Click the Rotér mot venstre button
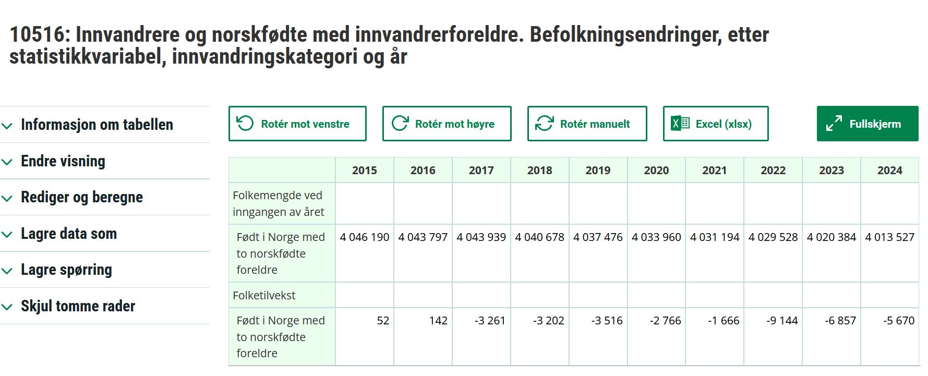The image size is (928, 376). [x=297, y=124]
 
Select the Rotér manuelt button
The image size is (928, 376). [x=587, y=124]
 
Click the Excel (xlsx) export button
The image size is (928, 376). [x=716, y=124]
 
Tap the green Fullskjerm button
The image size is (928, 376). [x=867, y=124]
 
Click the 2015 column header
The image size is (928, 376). [x=365, y=170]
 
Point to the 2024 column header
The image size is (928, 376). [x=890, y=170]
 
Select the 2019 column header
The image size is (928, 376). [x=598, y=170]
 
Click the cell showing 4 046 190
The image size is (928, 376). [x=365, y=237]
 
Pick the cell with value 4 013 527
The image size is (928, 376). [x=890, y=237]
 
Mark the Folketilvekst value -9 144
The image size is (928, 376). [x=782, y=321]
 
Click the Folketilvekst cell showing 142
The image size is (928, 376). [x=438, y=321]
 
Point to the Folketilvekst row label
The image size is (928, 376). [x=264, y=295]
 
